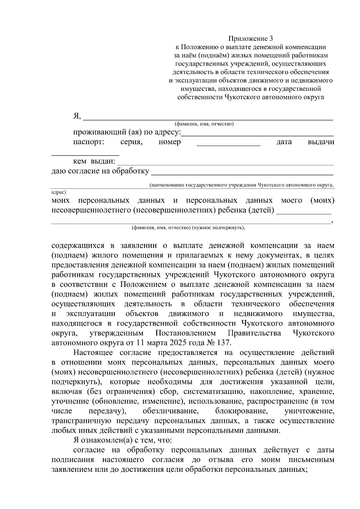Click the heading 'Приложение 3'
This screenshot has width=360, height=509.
click(251, 38)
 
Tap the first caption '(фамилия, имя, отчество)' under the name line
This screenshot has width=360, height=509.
click(204, 124)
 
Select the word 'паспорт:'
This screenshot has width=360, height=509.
click(89, 142)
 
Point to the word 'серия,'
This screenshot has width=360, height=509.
click(131, 142)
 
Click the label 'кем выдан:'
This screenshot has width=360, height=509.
click(94, 161)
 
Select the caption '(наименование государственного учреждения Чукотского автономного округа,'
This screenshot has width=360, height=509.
click(242, 185)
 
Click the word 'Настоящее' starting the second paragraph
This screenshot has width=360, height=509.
click(93, 353)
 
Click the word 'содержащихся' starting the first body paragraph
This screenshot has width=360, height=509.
click(78, 246)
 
